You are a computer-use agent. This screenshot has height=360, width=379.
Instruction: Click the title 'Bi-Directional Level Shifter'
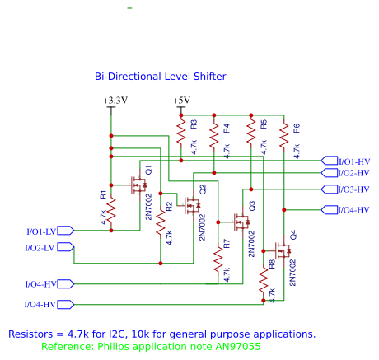pos(161,77)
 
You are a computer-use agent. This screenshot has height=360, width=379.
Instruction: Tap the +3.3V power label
pos(115,101)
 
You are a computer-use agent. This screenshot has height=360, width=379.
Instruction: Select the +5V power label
pos(181,101)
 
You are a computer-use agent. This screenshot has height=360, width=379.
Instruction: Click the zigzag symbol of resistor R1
pos(111,210)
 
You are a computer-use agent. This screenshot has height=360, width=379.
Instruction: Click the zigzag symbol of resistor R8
pos(264,282)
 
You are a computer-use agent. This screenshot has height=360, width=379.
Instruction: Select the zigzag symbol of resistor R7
pos(218,259)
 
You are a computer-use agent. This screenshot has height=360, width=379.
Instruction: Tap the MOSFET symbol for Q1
pos(139,185)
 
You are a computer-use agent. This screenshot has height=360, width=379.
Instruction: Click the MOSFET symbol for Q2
pos(193,205)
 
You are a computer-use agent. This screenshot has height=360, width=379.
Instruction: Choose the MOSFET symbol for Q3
pos(242,222)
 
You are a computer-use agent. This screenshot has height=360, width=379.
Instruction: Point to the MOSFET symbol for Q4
pos(283,250)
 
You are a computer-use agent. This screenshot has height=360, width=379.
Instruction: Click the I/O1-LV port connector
pos(66,231)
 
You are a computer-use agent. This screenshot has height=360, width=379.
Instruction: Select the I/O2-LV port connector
pos(66,247)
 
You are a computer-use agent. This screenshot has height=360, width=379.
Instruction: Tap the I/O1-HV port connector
pos(330,161)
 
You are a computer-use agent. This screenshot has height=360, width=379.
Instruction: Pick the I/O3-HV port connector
pos(330,189)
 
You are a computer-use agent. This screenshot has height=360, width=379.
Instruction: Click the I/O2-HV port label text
pos(354,173)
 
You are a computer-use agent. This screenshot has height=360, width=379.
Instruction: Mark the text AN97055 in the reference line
pos(238,346)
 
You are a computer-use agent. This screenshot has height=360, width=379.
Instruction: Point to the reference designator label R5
pos(264,124)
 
